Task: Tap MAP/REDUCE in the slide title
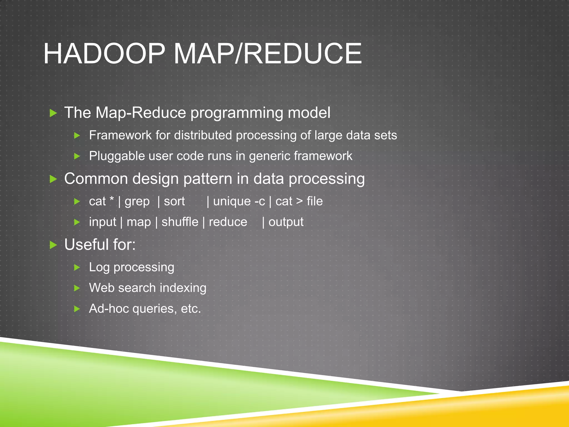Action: pos(268,54)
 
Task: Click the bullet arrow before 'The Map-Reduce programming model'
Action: pos(53,113)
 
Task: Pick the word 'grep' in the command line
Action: pos(137,202)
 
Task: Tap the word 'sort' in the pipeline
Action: pos(174,202)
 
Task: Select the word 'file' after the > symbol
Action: pos(315,201)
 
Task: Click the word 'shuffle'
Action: pos(180,222)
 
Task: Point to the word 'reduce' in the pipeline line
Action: pos(228,222)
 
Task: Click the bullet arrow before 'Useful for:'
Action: pos(53,245)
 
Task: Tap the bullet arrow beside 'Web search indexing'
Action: pos(77,288)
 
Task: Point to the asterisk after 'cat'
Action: pos(112,199)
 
